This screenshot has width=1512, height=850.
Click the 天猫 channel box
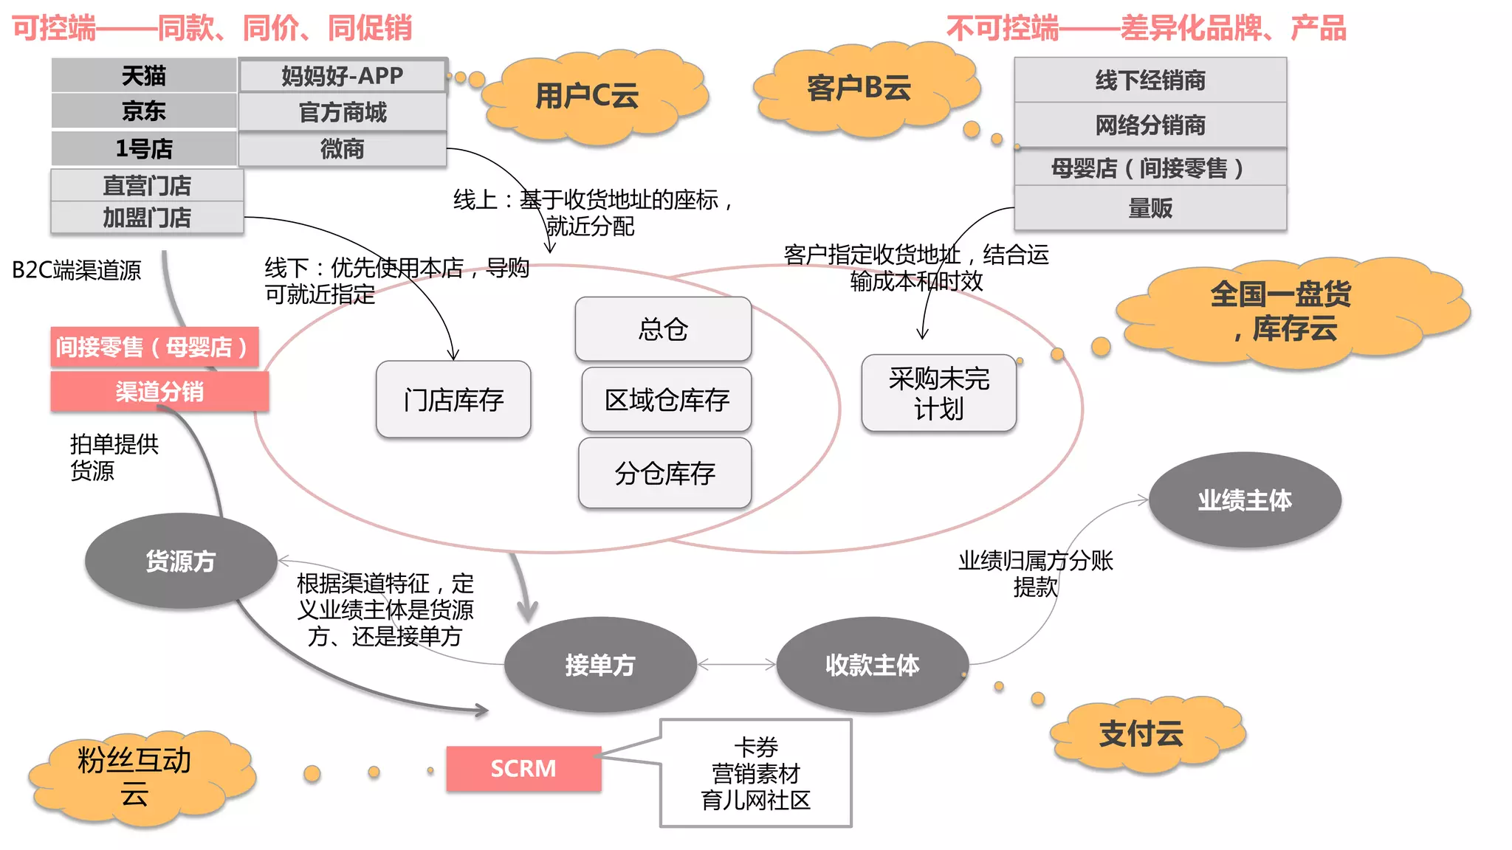click(144, 75)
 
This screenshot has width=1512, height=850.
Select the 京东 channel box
click(144, 111)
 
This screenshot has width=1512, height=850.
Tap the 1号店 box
click(144, 148)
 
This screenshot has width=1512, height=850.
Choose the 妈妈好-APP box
click(343, 76)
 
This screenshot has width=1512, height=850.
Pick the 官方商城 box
click(343, 112)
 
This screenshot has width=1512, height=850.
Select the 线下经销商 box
click(1150, 80)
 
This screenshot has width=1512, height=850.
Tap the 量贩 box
click(1150, 208)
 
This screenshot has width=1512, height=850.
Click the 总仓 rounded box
click(663, 329)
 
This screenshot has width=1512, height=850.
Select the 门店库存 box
click(453, 400)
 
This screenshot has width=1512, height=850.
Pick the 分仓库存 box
click(664, 473)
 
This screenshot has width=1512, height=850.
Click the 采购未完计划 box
click(938, 393)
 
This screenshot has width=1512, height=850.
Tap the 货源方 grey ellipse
click(181, 561)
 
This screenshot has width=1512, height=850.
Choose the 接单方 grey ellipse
click(600, 665)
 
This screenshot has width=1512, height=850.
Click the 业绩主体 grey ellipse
click(1245, 500)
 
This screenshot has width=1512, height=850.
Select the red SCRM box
click(523, 769)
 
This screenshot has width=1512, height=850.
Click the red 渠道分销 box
click(159, 391)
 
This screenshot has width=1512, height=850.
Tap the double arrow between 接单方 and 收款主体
click(737, 665)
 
